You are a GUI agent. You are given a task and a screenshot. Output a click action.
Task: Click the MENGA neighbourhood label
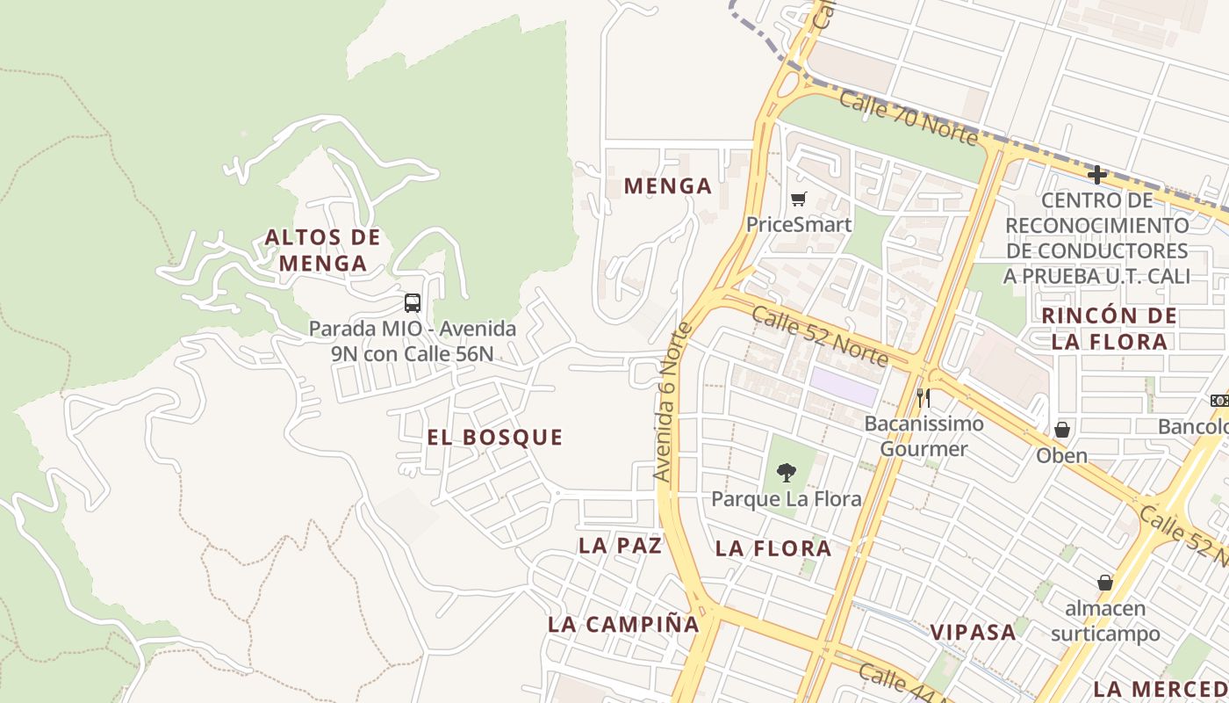click(x=667, y=186)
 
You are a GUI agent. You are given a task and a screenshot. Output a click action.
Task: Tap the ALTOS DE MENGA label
click(x=323, y=250)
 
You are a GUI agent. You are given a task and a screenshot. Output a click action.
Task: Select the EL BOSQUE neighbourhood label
click(x=495, y=438)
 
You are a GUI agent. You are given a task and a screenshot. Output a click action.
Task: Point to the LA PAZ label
click(x=620, y=545)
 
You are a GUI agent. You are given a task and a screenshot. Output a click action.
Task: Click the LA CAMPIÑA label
click(x=623, y=625)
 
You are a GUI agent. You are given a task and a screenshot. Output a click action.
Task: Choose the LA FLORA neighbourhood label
click(x=773, y=548)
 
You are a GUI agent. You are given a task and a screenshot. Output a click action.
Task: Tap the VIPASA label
click(x=973, y=632)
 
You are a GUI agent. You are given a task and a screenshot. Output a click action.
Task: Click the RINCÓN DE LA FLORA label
click(x=1110, y=329)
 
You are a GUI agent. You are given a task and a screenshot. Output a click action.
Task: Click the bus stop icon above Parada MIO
click(x=413, y=303)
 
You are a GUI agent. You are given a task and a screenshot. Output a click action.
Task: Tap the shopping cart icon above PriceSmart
click(x=798, y=199)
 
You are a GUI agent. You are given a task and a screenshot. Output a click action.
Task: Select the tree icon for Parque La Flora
click(x=787, y=473)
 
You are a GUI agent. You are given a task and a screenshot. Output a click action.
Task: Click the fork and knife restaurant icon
click(x=923, y=398)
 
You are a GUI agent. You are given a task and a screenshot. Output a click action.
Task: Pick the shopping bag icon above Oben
click(x=1062, y=430)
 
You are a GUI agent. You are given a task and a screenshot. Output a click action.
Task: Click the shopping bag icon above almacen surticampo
click(x=1104, y=583)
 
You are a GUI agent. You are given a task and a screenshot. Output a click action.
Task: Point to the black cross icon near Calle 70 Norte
click(x=1096, y=174)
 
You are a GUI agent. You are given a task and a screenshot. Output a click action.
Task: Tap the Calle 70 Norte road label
click(x=908, y=117)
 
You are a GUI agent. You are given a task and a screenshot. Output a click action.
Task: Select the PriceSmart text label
click(x=798, y=224)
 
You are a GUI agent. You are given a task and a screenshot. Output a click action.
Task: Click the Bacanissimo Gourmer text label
click(x=924, y=436)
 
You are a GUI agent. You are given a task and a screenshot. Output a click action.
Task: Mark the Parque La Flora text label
click(x=786, y=499)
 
